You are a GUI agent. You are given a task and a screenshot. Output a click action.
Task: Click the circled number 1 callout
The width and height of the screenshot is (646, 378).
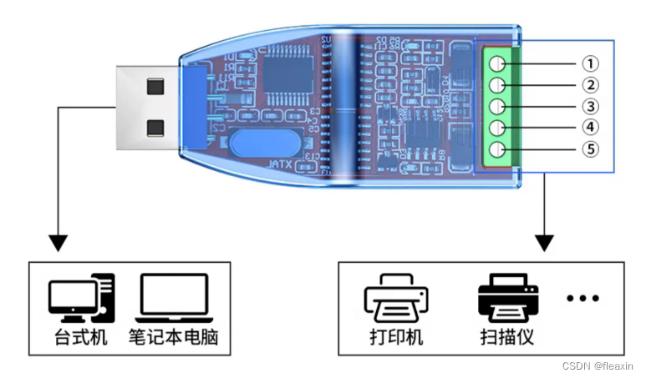point(591,63)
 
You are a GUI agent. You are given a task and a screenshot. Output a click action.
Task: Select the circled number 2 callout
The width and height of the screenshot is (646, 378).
point(591,85)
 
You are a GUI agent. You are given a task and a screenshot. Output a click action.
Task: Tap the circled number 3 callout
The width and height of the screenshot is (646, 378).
point(591,107)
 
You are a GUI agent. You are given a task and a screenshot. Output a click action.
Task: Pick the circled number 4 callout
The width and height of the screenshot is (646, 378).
point(591,128)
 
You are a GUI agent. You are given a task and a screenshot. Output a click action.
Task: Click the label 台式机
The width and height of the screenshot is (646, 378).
point(80,339)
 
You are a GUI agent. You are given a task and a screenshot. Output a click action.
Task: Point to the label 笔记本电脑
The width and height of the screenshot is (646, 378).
point(178,339)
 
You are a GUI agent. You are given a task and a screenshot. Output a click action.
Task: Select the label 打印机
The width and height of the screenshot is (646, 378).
point(396,339)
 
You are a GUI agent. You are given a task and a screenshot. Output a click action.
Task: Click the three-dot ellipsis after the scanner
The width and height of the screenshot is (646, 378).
point(582,298)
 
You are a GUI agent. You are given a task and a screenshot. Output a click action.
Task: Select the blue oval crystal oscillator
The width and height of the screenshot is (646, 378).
point(259,144)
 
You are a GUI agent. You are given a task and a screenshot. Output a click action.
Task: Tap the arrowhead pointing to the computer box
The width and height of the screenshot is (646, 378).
point(58,243)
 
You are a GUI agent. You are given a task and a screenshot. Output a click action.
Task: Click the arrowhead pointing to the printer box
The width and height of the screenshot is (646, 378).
point(545,243)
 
